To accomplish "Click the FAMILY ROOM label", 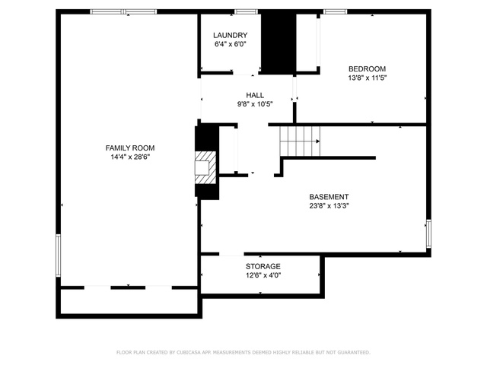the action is click(130, 148).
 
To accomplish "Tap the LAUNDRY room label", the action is click(230, 36).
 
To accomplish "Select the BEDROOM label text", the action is click(367, 69).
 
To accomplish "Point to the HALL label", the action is click(255, 95).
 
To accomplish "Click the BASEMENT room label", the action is click(329, 197).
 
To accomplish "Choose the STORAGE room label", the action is click(263, 266).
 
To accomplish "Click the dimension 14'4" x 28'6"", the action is click(130, 157).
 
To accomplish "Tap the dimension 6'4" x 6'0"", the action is click(230, 44).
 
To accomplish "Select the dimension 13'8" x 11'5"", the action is click(368, 78).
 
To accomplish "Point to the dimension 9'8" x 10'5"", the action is click(255, 104).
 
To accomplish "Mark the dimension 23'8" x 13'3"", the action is click(329, 205).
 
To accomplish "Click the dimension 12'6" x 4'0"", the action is click(263, 275).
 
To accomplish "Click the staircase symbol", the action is click(300, 141).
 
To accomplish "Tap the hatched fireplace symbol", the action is click(205, 168).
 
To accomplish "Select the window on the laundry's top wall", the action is click(246, 12).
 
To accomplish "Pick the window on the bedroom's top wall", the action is click(335, 12).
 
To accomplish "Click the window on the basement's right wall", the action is click(428, 233).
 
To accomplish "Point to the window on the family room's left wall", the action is click(58, 255).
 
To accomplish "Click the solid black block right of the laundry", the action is click(279, 43).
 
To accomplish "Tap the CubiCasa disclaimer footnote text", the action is click(243, 352).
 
